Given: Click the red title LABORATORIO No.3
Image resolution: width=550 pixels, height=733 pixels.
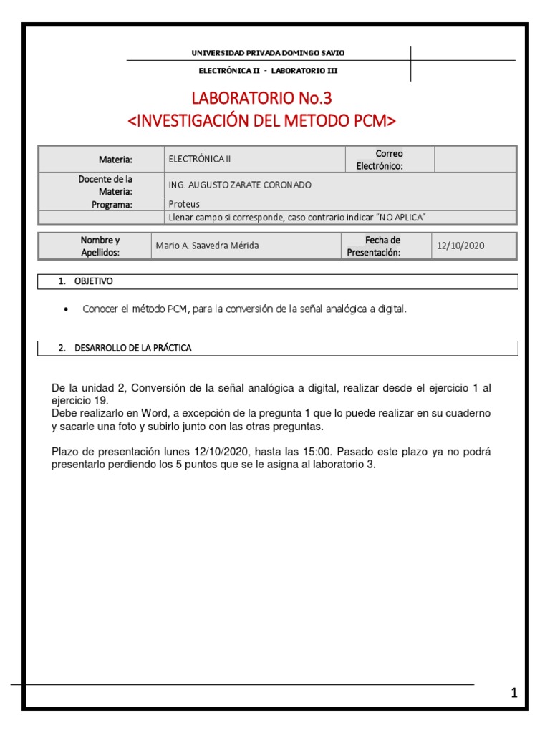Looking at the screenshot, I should click(x=261, y=98).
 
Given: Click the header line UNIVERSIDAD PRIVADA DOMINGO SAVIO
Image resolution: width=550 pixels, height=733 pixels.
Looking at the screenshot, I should click(x=268, y=53).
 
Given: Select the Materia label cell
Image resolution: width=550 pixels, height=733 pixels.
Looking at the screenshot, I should click(x=116, y=159).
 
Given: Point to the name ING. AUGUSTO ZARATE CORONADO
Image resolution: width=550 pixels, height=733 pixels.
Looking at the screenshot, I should click(x=240, y=185).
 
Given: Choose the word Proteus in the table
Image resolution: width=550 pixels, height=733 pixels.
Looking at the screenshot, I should click(x=184, y=204).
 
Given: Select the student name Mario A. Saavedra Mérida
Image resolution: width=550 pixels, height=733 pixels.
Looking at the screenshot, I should click(x=208, y=246).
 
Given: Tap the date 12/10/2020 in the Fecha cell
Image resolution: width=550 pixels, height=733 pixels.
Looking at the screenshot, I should click(x=460, y=246).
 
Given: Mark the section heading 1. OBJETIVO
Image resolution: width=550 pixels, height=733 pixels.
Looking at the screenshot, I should click(x=85, y=282).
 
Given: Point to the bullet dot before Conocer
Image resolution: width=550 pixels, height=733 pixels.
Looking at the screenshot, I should click(x=66, y=309).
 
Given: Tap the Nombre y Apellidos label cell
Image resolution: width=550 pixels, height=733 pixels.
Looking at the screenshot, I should click(x=100, y=246).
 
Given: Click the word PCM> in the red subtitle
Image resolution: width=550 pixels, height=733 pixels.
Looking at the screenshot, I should click(x=375, y=120).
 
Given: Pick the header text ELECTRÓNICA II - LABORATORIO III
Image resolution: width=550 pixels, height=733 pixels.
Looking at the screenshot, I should click(x=268, y=71).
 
